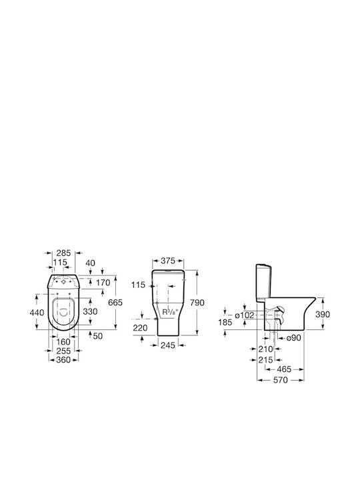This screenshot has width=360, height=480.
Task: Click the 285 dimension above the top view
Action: coord(63,253)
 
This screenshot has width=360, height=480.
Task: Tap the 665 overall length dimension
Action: coord(115,303)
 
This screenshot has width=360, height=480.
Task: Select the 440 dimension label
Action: coord(37,313)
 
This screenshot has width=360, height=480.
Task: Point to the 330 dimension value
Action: coord(90,311)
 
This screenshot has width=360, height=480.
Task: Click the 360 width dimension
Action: coord(63,360)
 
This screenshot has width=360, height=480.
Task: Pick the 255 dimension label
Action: coord(63,351)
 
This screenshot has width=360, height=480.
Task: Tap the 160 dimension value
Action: coord(63,341)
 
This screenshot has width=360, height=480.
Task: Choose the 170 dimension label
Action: coord(103,283)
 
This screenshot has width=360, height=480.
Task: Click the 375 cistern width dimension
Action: coord(168,261)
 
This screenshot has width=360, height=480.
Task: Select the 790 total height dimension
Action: coord(197,303)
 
